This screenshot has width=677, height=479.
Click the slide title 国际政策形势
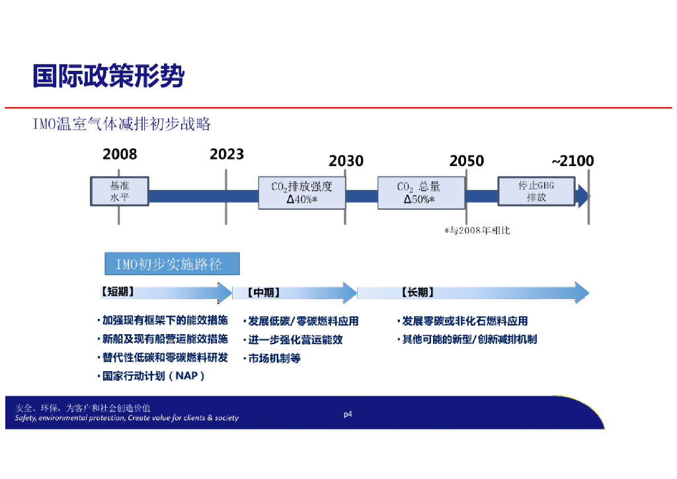point(108,77)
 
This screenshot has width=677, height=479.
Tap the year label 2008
point(120,154)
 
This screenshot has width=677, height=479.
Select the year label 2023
point(227,154)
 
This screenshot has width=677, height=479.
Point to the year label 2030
point(346,161)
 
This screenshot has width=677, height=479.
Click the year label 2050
point(466,161)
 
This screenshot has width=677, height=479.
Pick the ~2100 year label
point(573,161)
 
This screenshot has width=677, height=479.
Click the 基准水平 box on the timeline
point(120,191)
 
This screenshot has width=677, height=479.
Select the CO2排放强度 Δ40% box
point(301,193)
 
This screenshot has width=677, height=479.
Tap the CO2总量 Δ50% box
point(419,193)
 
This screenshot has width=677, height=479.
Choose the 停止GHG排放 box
point(536,191)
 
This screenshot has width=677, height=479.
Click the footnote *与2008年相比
point(477,230)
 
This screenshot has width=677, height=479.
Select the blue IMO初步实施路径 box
point(172,265)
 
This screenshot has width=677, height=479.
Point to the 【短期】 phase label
point(118,292)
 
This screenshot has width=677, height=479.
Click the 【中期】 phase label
point(263,292)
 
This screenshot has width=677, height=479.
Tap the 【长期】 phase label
point(418,292)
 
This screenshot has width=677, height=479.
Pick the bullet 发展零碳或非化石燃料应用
point(465,321)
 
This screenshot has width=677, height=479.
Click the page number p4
point(348,415)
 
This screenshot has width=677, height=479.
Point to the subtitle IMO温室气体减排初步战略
point(122,124)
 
